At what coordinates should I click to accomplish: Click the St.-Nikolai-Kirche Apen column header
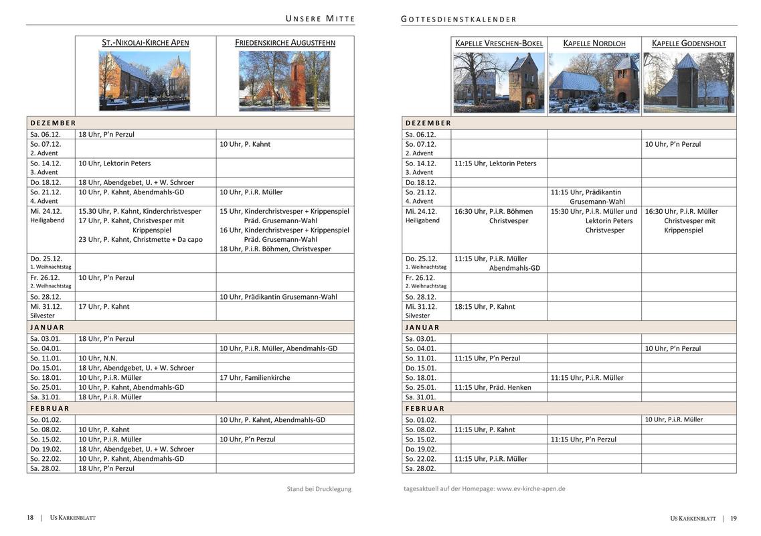(x=145, y=43)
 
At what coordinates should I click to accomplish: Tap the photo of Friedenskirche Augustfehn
(x=284, y=80)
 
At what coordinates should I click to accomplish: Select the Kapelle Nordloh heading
(x=594, y=44)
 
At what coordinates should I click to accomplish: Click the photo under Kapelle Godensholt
(x=689, y=83)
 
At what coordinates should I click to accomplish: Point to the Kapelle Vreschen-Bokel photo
(x=499, y=83)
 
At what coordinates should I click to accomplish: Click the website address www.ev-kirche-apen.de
(x=531, y=488)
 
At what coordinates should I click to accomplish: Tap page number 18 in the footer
(x=30, y=518)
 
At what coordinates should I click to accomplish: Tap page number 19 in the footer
(x=734, y=518)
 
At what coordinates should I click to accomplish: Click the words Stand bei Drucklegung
(x=319, y=489)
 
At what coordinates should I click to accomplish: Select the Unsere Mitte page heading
(x=321, y=18)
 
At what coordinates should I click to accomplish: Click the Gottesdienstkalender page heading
(x=459, y=19)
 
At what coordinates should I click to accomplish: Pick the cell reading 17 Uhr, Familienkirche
(x=255, y=378)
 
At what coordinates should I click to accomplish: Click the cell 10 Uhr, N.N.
(x=98, y=358)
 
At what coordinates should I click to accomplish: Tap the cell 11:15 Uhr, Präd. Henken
(x=493, y=387)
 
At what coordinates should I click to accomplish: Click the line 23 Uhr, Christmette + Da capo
(x=141, y=239)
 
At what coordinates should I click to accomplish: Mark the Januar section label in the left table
(x=48, y=328)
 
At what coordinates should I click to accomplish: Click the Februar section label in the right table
(x=425, y=408)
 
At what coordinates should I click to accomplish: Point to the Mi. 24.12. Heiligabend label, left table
(x=46, y=215)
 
